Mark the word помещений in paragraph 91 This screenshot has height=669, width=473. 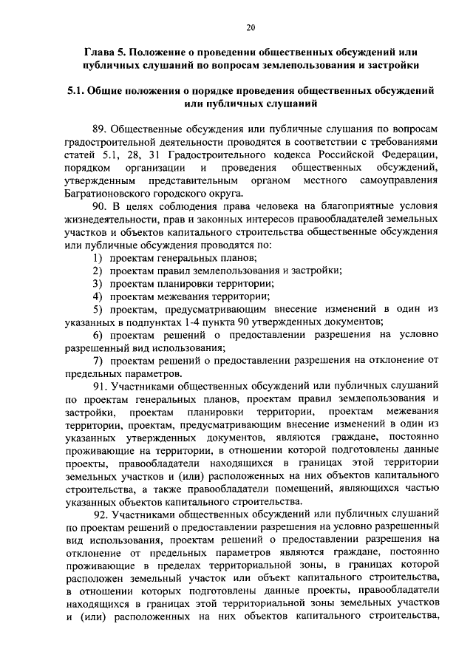pyautogui.click(x=305, y=487)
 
